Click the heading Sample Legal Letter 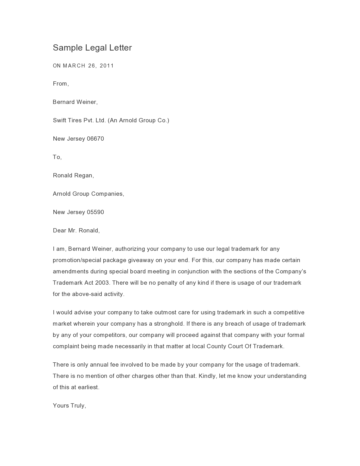tap(92, 48)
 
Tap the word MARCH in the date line tap(74, 66)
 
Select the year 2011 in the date tap(107, 66)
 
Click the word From tap(60, 84)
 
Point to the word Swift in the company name tap(59, 120)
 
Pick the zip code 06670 tap(95, 139)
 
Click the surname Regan tap(84, 176)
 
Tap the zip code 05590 tap(95, 212)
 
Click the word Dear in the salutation tap(59, 230)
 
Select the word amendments tap(71, 271)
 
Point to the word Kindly tap(208, 376)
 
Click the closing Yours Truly tap(69, 406)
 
